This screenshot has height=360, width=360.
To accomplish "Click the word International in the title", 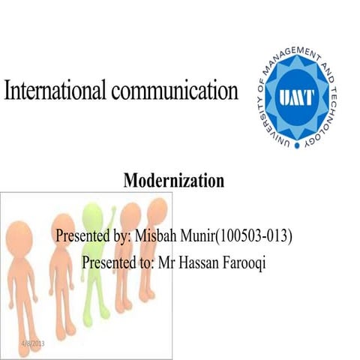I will (56, 92).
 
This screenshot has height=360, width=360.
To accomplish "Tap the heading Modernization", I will (173, 181).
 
